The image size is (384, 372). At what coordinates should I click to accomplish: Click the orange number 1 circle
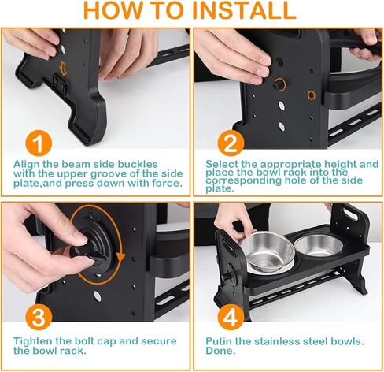(39, 144)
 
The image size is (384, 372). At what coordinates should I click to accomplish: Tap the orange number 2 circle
(231, 143)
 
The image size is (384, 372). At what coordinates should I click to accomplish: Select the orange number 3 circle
(39, 317)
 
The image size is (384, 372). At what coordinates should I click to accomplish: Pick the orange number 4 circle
(231, 317)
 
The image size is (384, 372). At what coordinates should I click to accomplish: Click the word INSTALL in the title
(245, 10)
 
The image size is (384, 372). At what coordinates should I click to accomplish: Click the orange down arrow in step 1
(63, 68)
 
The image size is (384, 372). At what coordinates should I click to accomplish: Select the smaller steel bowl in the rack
(319, 245)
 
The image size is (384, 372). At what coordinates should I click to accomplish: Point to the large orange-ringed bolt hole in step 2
(280, 84)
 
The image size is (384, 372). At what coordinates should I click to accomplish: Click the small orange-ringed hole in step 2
(312, 95)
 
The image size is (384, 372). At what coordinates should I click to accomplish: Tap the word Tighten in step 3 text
(33, 341)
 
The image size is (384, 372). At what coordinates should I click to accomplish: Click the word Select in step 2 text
(222, 164)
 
